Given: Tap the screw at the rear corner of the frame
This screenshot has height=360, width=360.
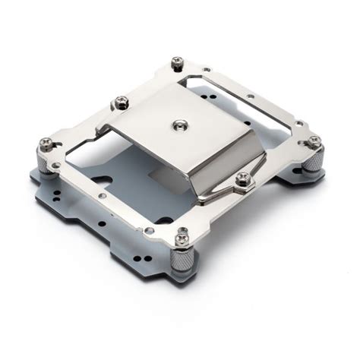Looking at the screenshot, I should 178,61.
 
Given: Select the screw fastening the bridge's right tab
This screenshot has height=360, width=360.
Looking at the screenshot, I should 243,178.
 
